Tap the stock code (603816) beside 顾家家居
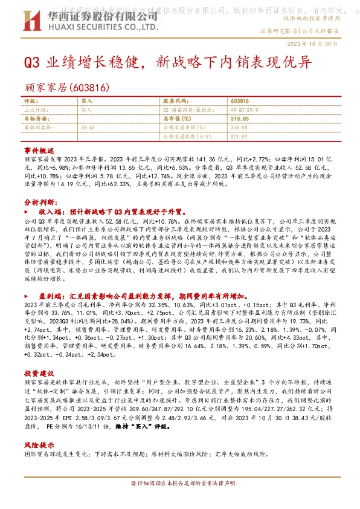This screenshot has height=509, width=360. coord(89,87)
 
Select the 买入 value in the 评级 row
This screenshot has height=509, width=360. coord(86,101)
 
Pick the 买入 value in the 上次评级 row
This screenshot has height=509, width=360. coord(86,110)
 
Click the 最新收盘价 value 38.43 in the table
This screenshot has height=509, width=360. coord(88,128)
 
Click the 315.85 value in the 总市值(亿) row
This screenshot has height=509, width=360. coord(240,119)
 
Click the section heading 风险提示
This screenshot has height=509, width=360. coord(35,444)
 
